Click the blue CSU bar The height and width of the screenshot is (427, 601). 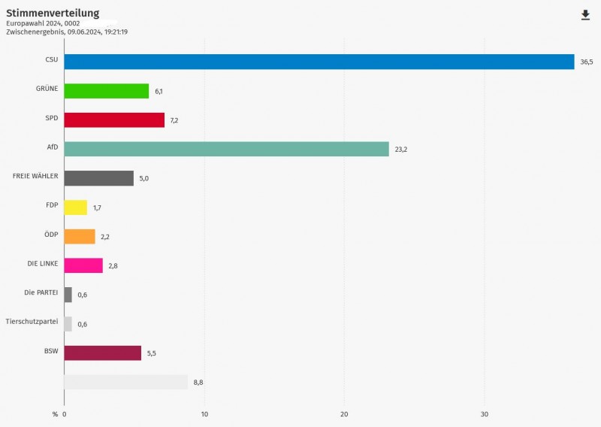319,62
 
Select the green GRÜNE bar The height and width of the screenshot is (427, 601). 106,91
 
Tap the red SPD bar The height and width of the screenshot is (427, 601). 114,120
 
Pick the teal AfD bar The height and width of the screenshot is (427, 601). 226,149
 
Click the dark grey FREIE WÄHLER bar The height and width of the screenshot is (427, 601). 98,178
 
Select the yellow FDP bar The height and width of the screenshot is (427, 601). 75,207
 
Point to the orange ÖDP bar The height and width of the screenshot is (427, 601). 80,237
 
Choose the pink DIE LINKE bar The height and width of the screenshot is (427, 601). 83,265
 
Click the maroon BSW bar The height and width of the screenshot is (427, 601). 102,353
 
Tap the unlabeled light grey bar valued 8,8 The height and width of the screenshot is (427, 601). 125,382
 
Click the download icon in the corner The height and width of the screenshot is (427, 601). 585,15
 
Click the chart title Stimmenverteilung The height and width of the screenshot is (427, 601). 53,13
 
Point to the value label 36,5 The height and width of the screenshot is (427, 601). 586,62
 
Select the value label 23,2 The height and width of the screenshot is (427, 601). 400,150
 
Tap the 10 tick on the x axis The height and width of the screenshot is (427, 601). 204,414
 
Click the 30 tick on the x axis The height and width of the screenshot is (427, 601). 485,414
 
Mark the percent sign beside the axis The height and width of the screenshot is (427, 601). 55,414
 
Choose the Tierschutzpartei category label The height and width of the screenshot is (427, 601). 32,321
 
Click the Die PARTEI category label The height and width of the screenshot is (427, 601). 41,292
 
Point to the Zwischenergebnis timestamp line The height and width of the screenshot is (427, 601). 67,32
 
